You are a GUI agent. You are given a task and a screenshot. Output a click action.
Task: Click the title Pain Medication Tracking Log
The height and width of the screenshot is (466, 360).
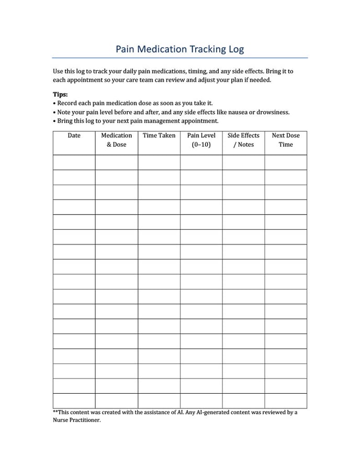(x=179, y=49)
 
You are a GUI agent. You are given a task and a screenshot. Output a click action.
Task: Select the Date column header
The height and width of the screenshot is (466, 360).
(x=74, y=136)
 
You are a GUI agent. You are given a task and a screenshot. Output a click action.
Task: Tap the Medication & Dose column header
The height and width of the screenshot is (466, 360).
(x=116, y=140)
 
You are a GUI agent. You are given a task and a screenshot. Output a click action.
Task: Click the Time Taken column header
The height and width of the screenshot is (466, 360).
(x=159, y=136)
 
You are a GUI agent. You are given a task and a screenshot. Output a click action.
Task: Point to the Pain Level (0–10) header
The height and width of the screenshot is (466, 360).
(x=201, y=140)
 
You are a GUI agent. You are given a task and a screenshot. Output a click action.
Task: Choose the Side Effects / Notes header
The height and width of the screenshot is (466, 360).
(x=243, y=140)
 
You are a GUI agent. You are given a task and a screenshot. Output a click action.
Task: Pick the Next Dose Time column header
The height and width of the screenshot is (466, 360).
(x=286, y=140)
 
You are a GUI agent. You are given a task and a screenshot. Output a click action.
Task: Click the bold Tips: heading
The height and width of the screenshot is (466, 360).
(x=60, y=95)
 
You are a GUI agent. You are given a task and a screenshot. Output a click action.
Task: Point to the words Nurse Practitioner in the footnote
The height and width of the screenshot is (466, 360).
(x=76, y=420)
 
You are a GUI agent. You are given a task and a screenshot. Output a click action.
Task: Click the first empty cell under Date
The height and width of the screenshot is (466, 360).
(x=74, y=162)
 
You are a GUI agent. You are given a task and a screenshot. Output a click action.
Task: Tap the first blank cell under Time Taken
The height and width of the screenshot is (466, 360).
(x=159, y=162)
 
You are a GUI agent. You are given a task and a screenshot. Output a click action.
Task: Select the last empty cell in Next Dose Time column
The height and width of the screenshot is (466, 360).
(x=286, y=401)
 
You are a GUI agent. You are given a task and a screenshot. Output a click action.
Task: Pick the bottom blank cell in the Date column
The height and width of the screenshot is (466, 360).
(x=74, y=401)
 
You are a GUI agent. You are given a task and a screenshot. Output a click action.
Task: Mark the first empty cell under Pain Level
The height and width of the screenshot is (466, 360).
(x=201, y=162)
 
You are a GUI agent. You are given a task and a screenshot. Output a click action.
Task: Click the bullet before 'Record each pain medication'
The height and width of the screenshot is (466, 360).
(x=54, y=104)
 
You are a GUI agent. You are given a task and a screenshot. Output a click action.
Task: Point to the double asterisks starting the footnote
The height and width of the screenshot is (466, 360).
(x=55, y=412)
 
